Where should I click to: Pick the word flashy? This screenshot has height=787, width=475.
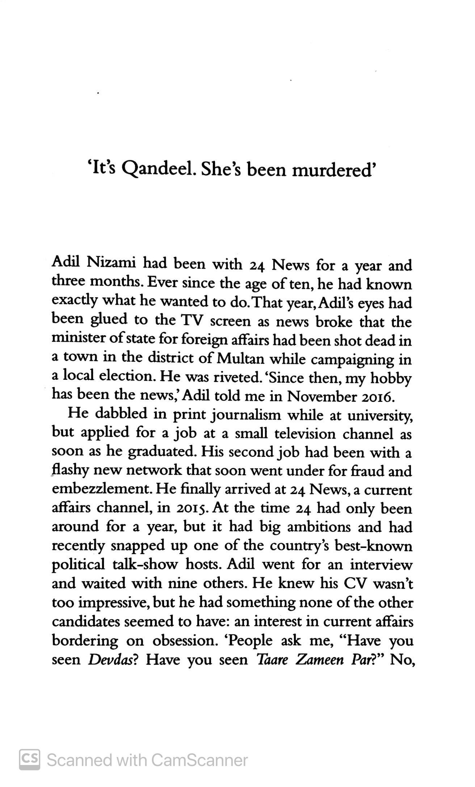click(71, 471)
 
